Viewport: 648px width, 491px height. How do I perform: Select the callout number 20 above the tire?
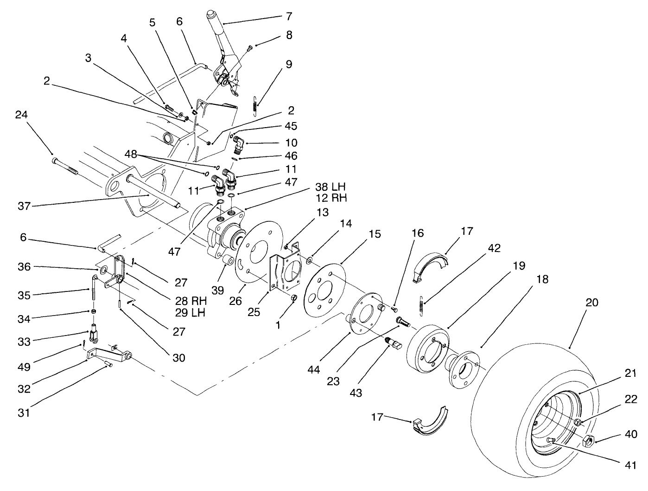tap(592, 303)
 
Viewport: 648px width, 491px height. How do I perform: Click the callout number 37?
tap(24, 206)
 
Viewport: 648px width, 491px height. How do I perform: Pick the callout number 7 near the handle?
tap(288, 16)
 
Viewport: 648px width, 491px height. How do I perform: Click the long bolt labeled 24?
tap(65, 166)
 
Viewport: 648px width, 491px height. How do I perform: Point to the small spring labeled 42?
tap(422, 306)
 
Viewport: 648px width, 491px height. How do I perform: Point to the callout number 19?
tap(519, 266)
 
